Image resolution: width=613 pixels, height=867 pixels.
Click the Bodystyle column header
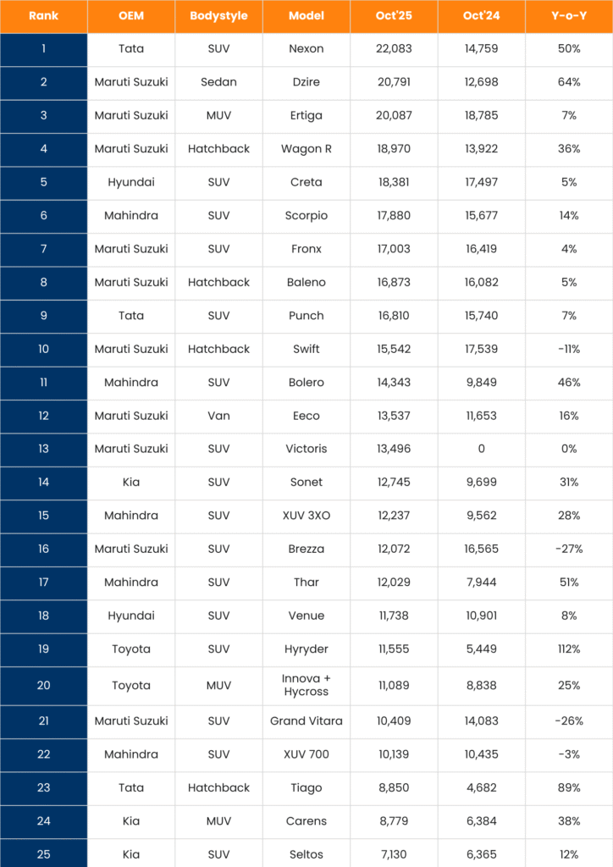pos(218,16)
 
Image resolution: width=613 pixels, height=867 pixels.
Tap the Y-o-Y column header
pos(568,16)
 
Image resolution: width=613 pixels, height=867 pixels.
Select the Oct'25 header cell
pos(394,16)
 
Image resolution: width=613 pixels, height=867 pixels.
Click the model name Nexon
pos(306,49)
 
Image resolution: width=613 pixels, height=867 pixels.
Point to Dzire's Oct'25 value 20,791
pos(394,82)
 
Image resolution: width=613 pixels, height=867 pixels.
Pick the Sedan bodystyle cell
pos(218,82)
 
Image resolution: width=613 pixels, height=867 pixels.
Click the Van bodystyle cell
pos(218,416)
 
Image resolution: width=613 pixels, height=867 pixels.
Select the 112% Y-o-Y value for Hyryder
pos(568,649)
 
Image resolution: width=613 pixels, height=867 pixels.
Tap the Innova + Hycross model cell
pos(306,685)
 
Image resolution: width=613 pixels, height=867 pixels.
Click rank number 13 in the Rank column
pos(43,449)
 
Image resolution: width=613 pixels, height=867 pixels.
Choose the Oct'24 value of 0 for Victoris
pos(481,449)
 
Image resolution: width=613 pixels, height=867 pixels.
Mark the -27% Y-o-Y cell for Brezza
pos(568,549)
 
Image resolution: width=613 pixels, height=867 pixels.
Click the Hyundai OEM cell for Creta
pos(131,182)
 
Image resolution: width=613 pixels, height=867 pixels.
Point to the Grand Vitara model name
pos(306,721)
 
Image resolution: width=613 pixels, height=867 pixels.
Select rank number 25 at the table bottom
pos(43,854)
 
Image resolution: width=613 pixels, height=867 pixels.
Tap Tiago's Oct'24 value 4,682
pos(481,787)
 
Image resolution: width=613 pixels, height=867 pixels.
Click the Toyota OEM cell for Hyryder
pos(131,649)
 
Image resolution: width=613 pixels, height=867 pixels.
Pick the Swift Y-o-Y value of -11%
pos(568,349)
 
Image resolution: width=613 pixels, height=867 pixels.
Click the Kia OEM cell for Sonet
pos(131,482)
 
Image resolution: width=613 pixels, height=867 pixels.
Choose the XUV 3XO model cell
pos(306,516)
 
